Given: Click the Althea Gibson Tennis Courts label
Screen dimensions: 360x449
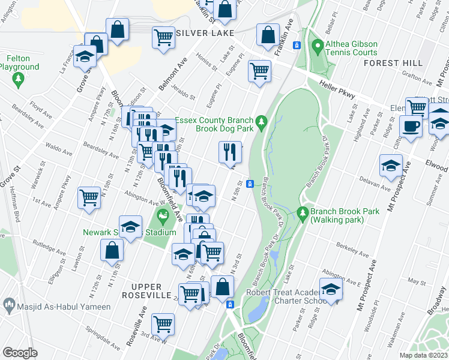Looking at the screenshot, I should pyautogui.click(x=351, y=48).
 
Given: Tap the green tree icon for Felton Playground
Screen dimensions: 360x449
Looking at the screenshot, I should pyautogui.click(x=19, y=79).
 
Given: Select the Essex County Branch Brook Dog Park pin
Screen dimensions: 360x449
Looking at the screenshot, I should pyautogui.click(x=261, y=122).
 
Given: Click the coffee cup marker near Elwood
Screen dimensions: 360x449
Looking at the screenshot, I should pyautogui.click(x=411, y=127).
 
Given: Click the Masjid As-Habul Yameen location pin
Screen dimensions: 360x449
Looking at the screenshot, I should pyautogui.click(x=9, y=306).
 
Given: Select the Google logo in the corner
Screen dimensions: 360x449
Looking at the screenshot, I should pyautogui.click(x=20, y=353).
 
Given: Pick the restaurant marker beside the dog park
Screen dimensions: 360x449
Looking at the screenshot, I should pyautogui.click(x=230, y=152).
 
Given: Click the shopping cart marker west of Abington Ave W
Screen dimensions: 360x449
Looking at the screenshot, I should pyautogui.click(x=89, y=196).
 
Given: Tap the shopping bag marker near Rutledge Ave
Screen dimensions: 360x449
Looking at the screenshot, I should pyautogui.click(x=112, y=251).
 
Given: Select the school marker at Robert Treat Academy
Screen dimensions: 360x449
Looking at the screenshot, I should pyautogui.click(x=330, y=290).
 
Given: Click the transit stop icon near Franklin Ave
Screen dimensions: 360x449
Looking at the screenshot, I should pyautogui.click(x=296, y=46).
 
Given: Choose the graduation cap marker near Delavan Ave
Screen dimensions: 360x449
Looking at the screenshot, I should pyautogui.click(x=391, y=165).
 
